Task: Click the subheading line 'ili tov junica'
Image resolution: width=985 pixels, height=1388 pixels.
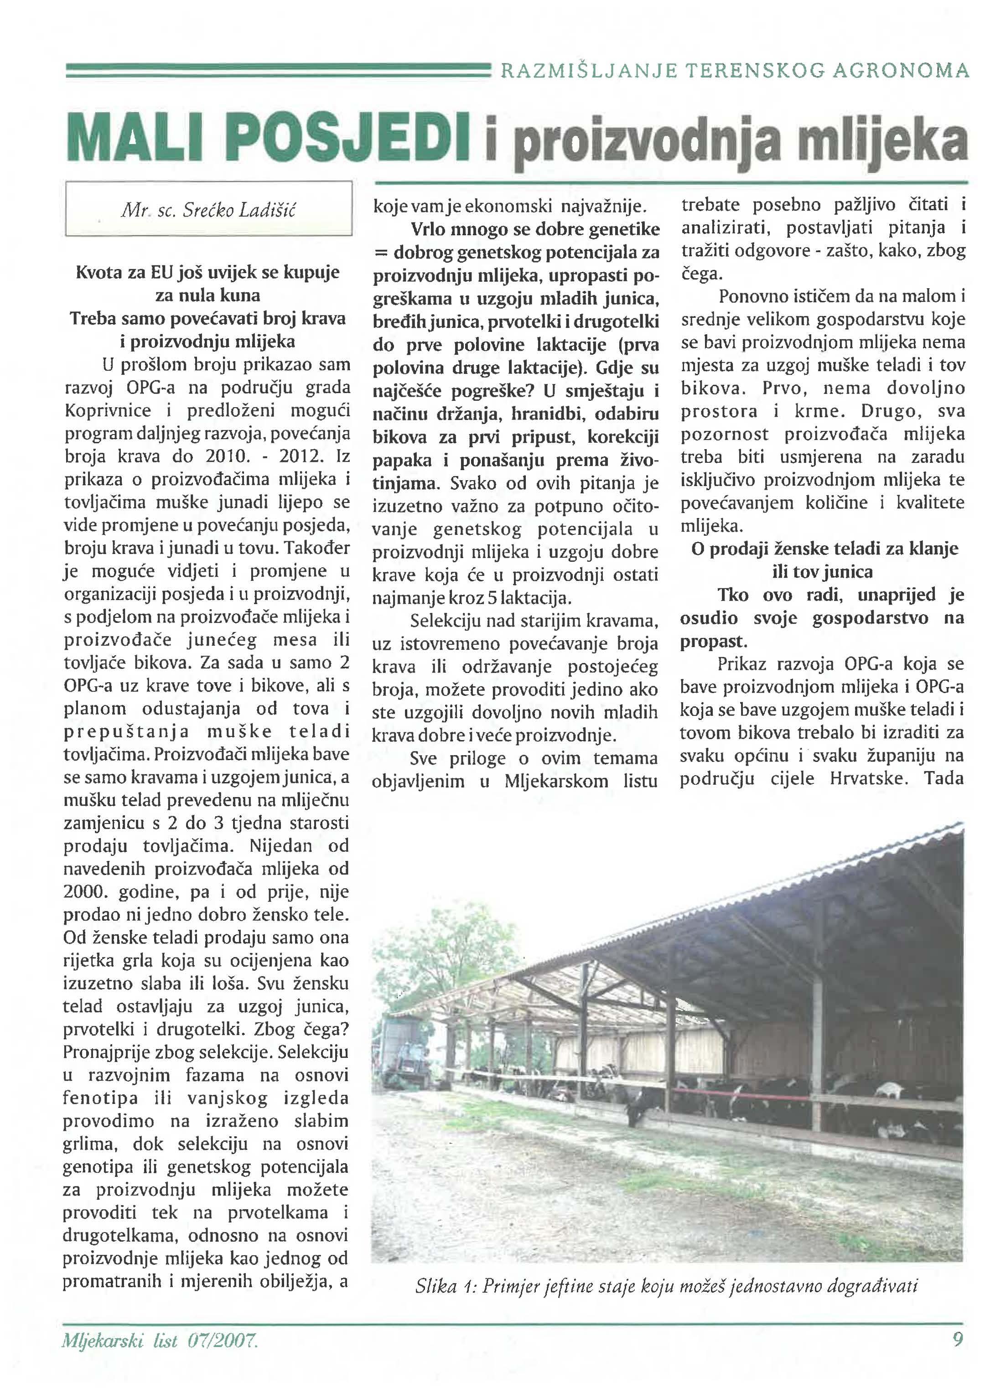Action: (x=823, y=572)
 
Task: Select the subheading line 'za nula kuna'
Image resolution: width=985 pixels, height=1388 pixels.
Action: (x=207, y=295)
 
